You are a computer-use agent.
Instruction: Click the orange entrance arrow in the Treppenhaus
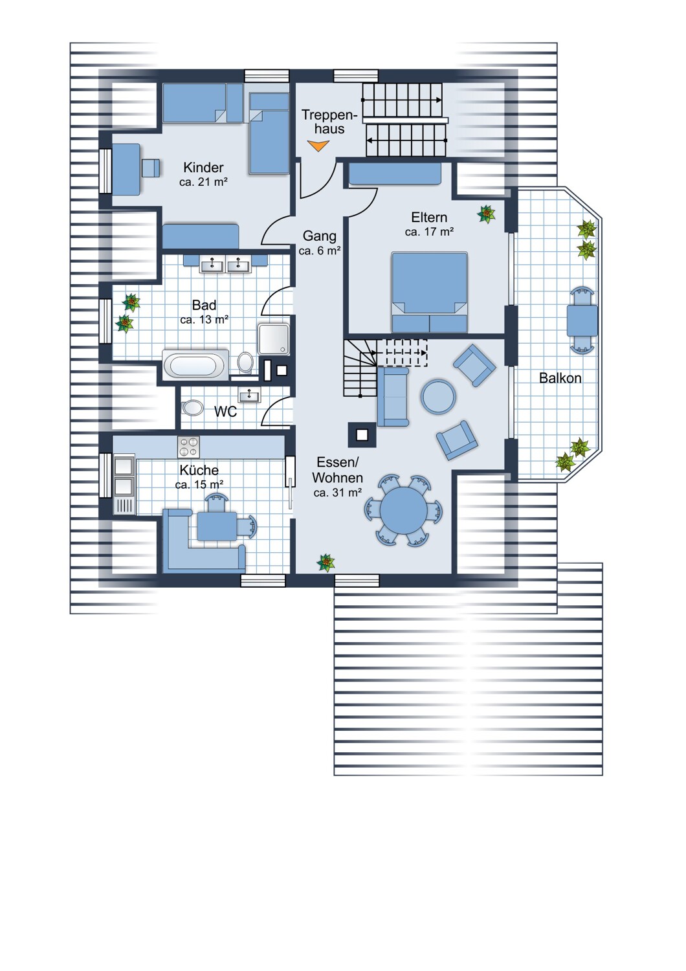(318, 146)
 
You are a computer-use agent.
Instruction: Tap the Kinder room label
(203, 167)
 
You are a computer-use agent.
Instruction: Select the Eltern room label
(429, 217)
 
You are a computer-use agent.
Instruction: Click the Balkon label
(560, 378)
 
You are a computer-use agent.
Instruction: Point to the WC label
(225, 411)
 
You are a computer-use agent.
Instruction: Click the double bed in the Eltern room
(429, 292)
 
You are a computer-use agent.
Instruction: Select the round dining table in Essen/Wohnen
(403, 510)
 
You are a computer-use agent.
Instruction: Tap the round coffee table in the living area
(438, 397)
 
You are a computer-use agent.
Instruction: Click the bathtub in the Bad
(195, 365)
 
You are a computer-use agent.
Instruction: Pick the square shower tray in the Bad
(274, 339)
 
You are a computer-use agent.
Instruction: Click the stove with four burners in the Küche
(188, 447)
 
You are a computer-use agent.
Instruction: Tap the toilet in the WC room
(192, 408)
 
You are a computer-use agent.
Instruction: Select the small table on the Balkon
(582, 320)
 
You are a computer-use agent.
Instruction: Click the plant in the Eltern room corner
(486, 214)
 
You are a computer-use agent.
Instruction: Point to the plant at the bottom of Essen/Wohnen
(326, 563)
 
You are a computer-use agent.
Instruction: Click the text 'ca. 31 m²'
(338, 493)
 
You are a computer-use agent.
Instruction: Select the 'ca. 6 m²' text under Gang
(320, 251)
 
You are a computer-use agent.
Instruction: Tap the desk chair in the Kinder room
(150, 168)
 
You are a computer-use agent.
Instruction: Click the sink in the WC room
(250, 396)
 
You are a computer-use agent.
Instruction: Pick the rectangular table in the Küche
(217, 526)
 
